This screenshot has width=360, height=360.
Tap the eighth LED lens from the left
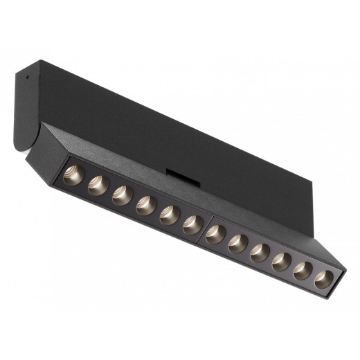[238, 242]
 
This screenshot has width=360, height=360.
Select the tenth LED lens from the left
[281, 260]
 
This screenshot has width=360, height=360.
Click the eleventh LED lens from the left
[302, 269]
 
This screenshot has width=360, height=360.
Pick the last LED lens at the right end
[322, 278]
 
